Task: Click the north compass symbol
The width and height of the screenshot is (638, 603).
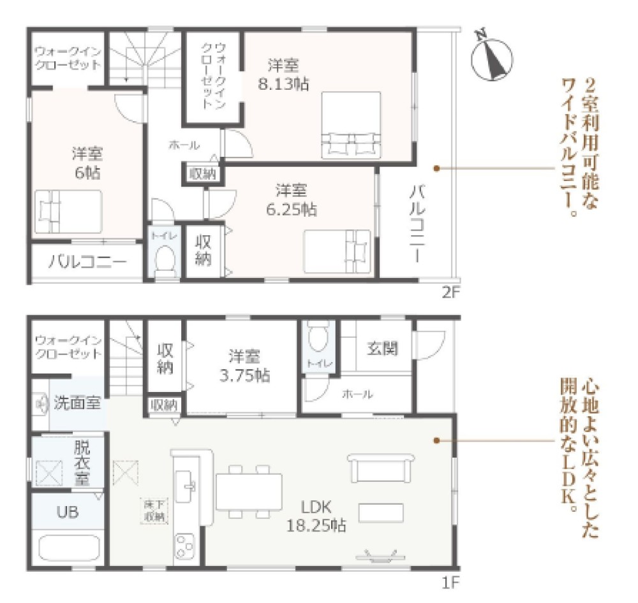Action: (492, 56)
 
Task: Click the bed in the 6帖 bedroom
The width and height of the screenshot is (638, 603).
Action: (68, 210)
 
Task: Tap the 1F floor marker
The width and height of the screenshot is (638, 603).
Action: (450, 581)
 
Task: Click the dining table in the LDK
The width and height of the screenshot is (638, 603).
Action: (249, 491)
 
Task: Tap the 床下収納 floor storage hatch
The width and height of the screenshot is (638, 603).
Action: (154, 511)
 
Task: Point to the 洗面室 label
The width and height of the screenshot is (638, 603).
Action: (77, 403)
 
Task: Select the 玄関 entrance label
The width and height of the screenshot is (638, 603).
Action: (382, 349)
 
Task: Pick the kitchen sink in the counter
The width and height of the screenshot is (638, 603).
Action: (189, 484)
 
